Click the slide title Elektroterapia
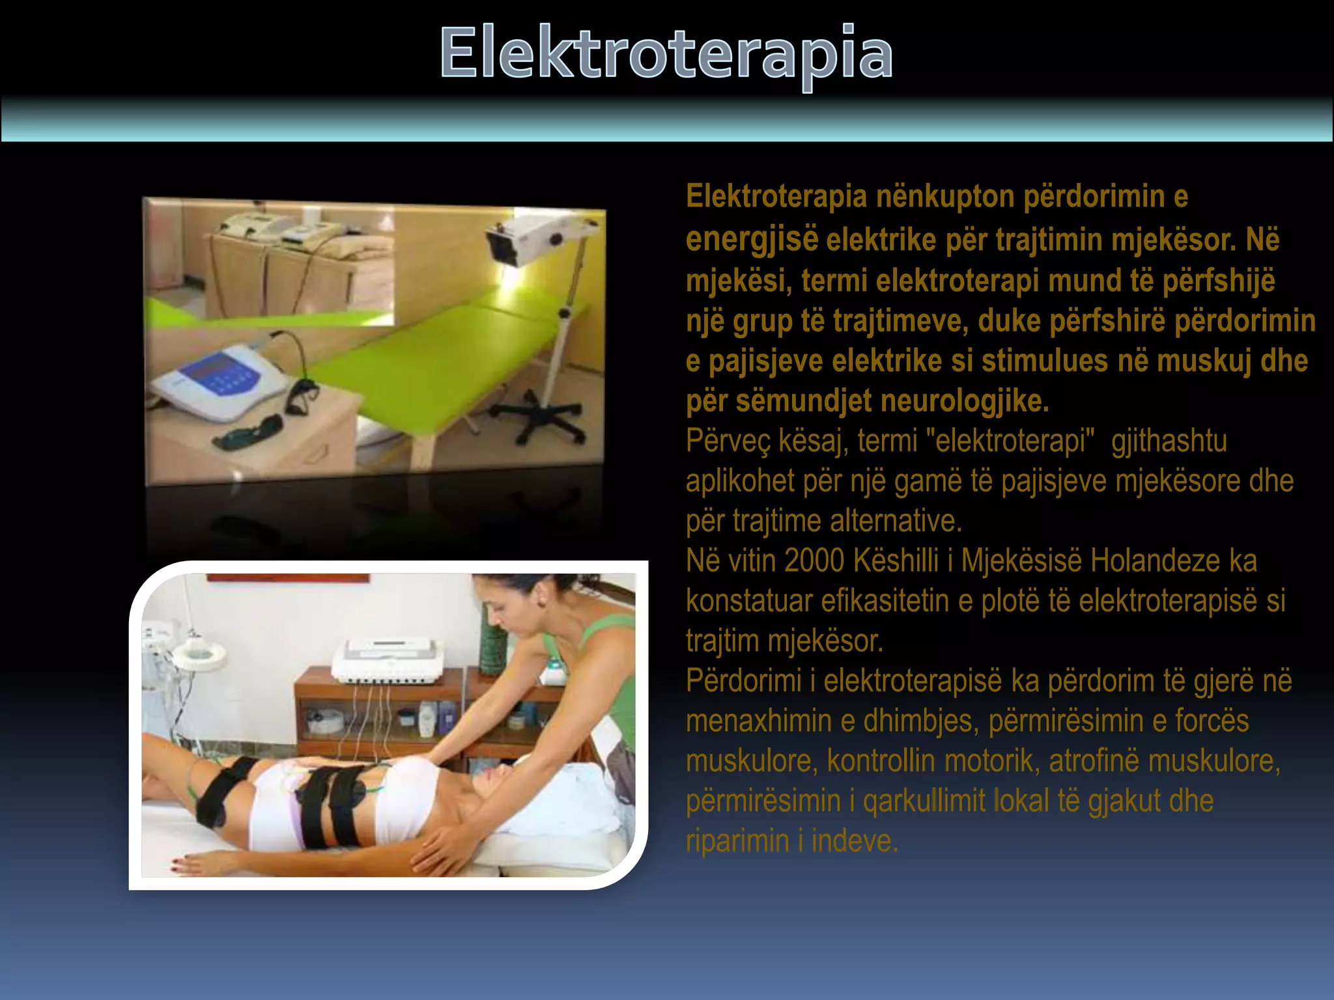tap(666, 53)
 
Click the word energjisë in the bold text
tap(751, 239)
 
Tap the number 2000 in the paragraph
tap(814, 561)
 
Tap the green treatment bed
tap(417, 365)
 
